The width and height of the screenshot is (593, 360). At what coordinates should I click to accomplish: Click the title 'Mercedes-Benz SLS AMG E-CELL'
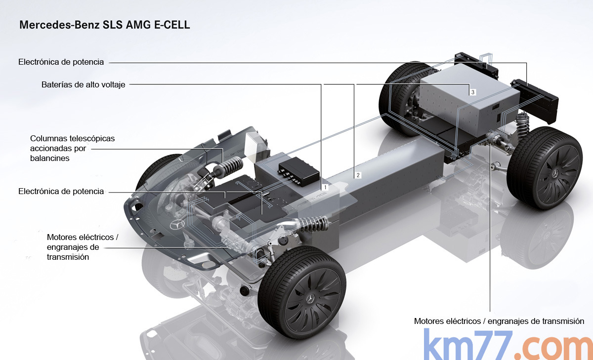[105, 25]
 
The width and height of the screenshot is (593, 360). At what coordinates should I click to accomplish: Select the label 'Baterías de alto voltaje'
[84, 84]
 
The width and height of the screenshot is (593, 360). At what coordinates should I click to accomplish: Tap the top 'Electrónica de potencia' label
[61, 62]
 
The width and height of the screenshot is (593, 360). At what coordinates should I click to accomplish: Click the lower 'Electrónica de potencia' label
[61, 191]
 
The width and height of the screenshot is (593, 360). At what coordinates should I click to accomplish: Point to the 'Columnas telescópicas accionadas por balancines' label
[72, 148]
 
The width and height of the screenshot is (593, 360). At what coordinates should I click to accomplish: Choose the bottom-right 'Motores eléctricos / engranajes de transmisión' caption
[499, 321]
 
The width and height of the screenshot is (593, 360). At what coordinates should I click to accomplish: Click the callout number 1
[325, 187]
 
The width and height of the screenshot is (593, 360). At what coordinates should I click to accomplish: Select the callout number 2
[358, 175]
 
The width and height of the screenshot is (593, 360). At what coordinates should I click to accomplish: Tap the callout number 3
[473, 92]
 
